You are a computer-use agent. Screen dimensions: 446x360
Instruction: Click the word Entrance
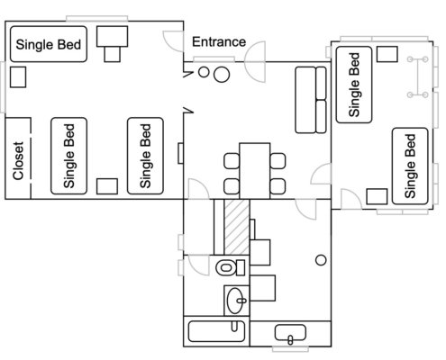coord(219,41)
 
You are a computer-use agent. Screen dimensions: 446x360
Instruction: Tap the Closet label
coord(18,161)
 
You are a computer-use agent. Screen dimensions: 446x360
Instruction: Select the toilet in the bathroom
coord(231,267)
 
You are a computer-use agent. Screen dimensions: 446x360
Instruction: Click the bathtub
coord(216,331)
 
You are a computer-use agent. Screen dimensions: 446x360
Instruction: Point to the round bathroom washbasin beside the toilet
coord(236,301)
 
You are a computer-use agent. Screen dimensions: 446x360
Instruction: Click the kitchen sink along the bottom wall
coord(290,333)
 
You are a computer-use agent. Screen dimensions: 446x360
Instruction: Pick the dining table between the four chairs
coord(255,171)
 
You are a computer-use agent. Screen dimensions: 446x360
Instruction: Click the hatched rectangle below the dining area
coord(237,227)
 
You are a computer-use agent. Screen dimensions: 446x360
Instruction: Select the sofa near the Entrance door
coord(311,100)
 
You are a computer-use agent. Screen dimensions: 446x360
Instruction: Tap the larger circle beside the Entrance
coord(222,75)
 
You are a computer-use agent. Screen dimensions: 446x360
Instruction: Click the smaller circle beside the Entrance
coord(204,72)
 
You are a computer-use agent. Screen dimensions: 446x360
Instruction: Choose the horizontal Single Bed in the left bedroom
coord(49,44)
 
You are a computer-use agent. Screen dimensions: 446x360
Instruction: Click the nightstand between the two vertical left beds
coord(107,186)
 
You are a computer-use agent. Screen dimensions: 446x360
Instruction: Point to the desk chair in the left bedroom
coord(112,54)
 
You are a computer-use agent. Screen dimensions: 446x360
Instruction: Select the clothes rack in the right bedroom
coord(418,76)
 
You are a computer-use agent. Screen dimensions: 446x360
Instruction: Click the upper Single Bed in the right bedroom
coord(354,85)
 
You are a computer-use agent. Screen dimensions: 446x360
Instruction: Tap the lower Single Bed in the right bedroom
coord(410,166)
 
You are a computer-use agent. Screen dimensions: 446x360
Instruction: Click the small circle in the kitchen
coord(321,260)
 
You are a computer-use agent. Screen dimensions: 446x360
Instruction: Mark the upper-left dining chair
coord(232,161)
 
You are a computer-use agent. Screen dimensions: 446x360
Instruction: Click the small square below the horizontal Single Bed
coord(18,77)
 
